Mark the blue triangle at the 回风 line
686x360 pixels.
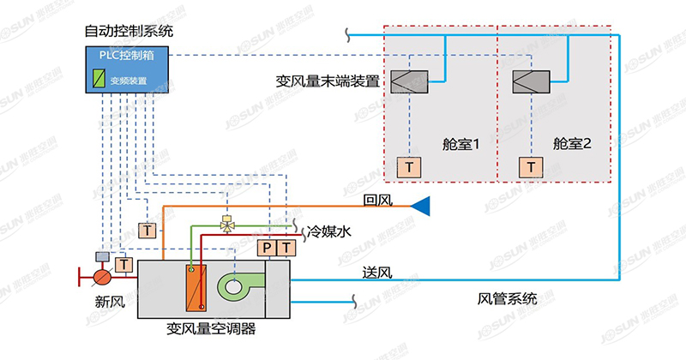point(420,206)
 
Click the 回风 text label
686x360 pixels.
point(377,201)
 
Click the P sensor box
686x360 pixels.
point(267,249)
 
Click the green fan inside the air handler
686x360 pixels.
point(235,287)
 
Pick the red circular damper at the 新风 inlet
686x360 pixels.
point(101,277)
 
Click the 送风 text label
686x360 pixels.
point(377,273)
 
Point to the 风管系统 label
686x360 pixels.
point(508,299)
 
